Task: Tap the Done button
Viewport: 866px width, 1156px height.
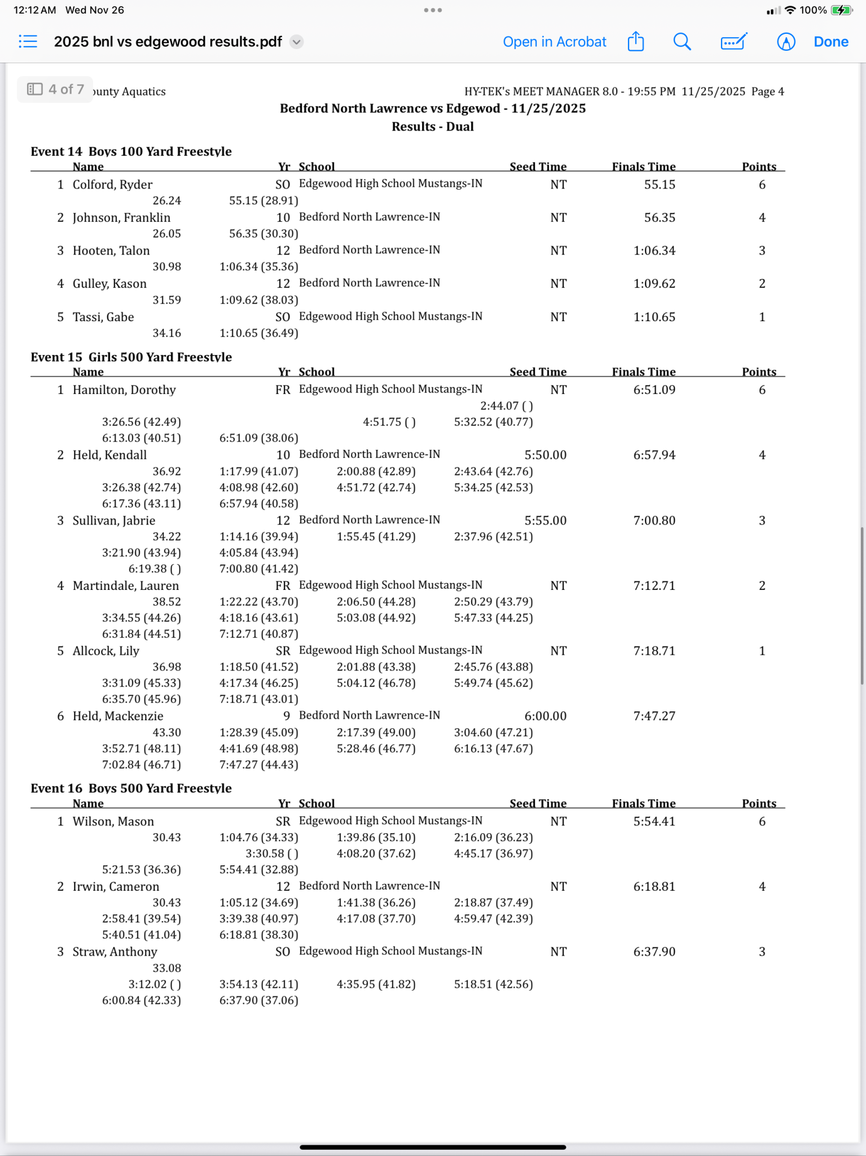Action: [x=830, y=42]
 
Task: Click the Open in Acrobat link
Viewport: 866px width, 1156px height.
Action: [x=554, y=42]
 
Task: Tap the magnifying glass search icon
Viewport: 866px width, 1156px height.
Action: [x=682, y=42]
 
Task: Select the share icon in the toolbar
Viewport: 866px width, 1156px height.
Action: [x=636, y=42]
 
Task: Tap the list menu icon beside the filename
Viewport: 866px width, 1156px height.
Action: [x=28, y=42]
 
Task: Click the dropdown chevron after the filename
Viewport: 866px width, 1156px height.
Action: [x=296, y=42]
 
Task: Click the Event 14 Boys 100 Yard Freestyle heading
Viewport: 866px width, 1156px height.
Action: [x=131, y=151]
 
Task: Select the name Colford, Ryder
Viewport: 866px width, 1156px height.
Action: [x=112, y=185]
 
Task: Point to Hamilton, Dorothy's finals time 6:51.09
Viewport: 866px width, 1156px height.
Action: [x=654, y=390]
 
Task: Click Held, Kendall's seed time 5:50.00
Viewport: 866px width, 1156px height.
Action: [x=545, y=455]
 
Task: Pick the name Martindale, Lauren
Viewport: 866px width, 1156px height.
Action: [x=125, y=586]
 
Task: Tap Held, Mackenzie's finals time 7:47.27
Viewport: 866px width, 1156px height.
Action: [x=654, y=716]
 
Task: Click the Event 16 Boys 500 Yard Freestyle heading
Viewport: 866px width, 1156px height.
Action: [x=131, y=788]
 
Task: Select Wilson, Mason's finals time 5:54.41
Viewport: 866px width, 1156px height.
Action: [x=654, y=822]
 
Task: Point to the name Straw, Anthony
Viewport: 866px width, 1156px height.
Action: [x=115, y=952]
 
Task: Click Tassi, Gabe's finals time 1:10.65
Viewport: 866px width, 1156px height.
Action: [x=654, y=317]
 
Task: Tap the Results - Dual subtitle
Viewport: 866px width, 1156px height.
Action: [x=433, y=126]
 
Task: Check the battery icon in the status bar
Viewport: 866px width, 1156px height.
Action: [x=841, y=10]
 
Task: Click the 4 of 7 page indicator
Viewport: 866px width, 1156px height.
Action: [x=56, y=89]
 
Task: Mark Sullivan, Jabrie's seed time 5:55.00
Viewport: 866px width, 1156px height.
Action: [x=545, y=520]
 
